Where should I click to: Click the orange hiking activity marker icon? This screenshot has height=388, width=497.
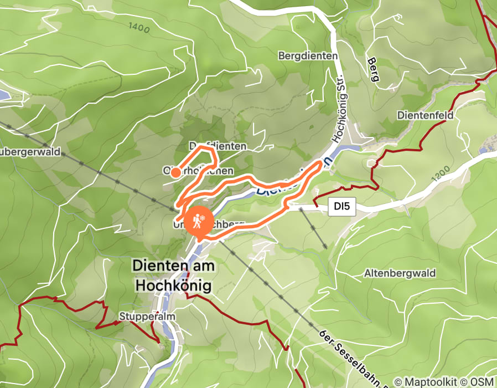tap(198, 221)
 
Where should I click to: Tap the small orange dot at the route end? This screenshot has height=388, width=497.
tap(175, 172)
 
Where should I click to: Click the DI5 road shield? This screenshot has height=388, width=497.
tap(342, 207)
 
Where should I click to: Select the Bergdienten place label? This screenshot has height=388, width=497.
tap(308, 56)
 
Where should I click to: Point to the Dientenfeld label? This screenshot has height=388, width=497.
tap(425, 115)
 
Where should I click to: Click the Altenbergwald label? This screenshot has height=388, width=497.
tap(400, 273)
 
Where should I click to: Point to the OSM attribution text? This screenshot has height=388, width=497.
tap(481, 382)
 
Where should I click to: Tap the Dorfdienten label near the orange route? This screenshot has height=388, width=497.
tap(218, 146)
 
